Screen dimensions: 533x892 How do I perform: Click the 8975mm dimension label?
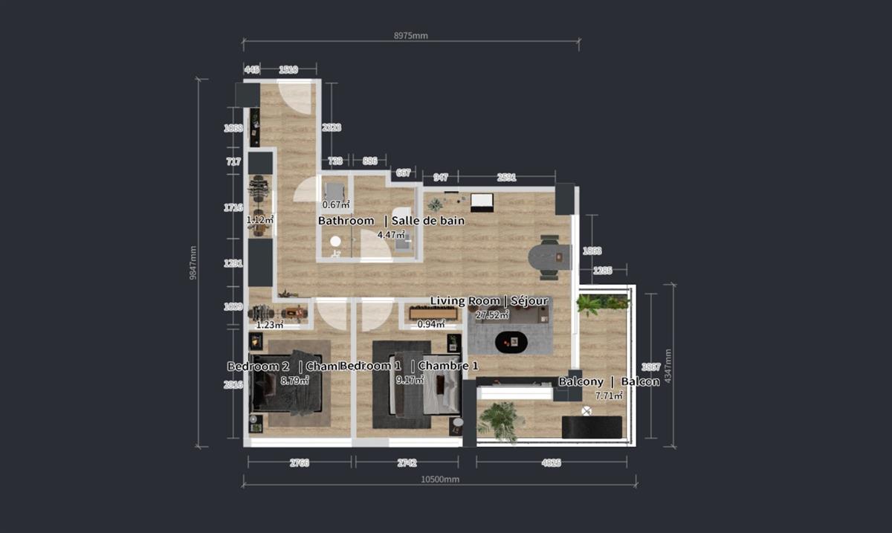point(410,35)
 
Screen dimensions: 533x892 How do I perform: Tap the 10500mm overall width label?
point(439,479)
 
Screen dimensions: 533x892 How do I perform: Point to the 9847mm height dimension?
point(193,264)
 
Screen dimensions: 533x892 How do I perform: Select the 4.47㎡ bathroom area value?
point(390,234)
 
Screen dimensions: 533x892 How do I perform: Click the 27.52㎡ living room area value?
point(492,314)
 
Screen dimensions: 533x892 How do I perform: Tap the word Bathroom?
point(346,221)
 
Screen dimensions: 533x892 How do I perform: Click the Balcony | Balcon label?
point(609,381)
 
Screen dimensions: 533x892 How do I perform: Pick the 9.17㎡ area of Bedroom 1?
point(410,379)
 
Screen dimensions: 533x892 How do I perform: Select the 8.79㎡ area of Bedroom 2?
point(294,380)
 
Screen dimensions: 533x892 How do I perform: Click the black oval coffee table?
point(511,341)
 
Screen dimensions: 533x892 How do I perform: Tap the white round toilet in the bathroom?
point(335,242)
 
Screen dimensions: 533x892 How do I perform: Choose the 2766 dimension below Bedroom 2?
point(299,463)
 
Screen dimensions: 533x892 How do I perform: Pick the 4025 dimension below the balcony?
point(551,463)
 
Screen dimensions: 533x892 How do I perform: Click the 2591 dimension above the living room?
point(507,177)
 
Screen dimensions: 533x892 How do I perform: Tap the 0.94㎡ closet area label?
point(431,323)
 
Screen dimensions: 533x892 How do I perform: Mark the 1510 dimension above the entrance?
point(288,70)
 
